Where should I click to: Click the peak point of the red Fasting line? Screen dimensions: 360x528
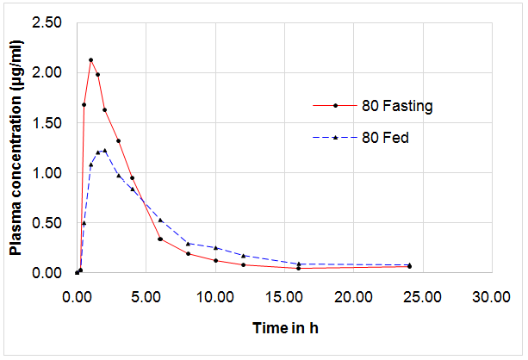(90, 60)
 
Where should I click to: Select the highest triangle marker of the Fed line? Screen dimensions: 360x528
(104, 151)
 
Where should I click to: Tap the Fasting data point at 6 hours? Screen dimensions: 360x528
(160, 239)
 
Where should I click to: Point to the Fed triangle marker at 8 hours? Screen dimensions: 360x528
(188, 244)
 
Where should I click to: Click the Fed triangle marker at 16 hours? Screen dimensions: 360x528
(298, 264)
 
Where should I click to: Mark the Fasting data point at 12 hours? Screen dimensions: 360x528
(243, 264)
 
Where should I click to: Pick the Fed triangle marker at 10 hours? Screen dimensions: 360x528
(215, 248)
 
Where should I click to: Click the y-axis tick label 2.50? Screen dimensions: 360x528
(47, 22)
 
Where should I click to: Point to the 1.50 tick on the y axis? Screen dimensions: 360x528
(47, 123)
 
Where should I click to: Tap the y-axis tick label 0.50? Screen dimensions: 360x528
(47, 223)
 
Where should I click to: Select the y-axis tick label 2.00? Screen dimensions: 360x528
(47, 73)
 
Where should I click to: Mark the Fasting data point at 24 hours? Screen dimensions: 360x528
(408, 266)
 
